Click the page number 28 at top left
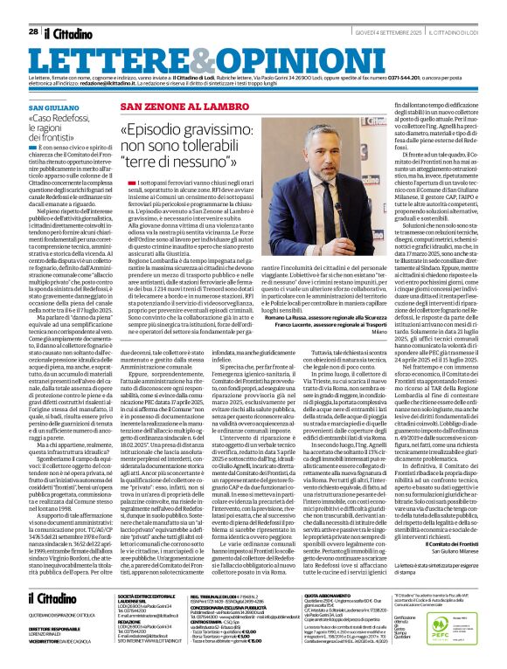click(x=33, y=8)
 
